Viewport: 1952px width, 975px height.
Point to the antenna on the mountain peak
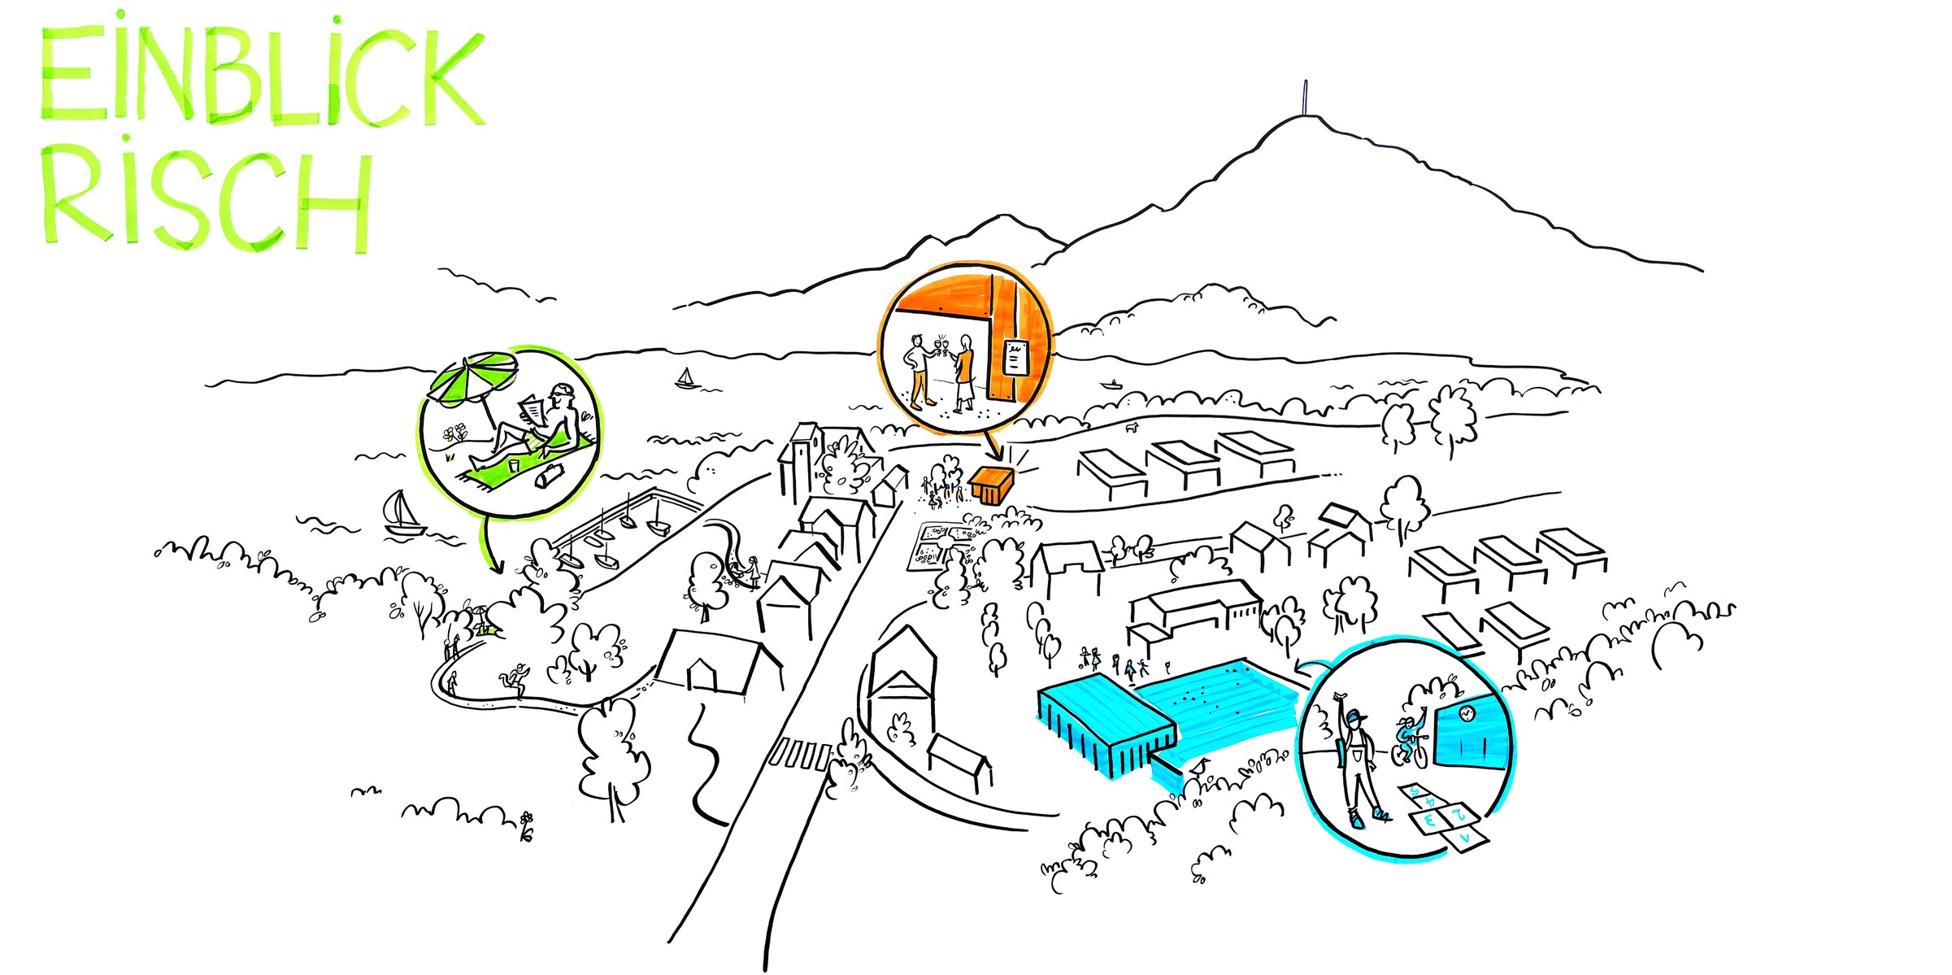1306,98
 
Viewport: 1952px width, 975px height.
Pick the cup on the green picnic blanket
514,465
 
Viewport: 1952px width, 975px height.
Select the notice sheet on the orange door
1015,357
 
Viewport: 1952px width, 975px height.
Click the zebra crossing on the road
801,755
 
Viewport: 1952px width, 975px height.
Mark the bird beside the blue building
1199,766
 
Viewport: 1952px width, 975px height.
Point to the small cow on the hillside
1131,426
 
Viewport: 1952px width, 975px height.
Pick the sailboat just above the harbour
402,513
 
